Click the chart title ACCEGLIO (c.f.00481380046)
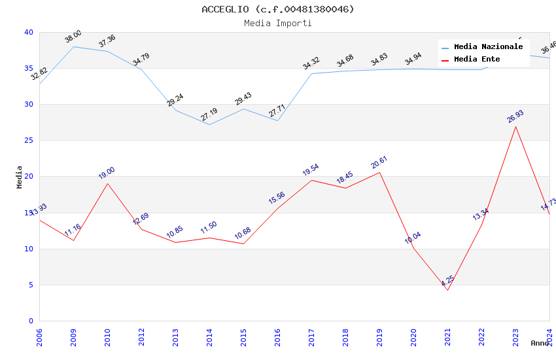[x=278, y=9]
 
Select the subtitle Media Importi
[x=278, y=23]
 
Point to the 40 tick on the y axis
[x=28, y=33]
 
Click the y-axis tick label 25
[x=28, y=141]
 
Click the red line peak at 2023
[x=516, y=126]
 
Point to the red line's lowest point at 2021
[x=448, y=290]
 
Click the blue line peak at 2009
[x=74, y=46]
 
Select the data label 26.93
[x=515, y=117]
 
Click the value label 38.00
[x=73, y=37]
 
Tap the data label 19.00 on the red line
[x=107, y=173]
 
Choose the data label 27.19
[x=209, y=115]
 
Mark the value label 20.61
[x=379, y=162]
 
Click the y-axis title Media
[x=20, y=177]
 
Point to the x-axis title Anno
[x=540, y=343]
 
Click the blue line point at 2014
[x=209, y=124]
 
